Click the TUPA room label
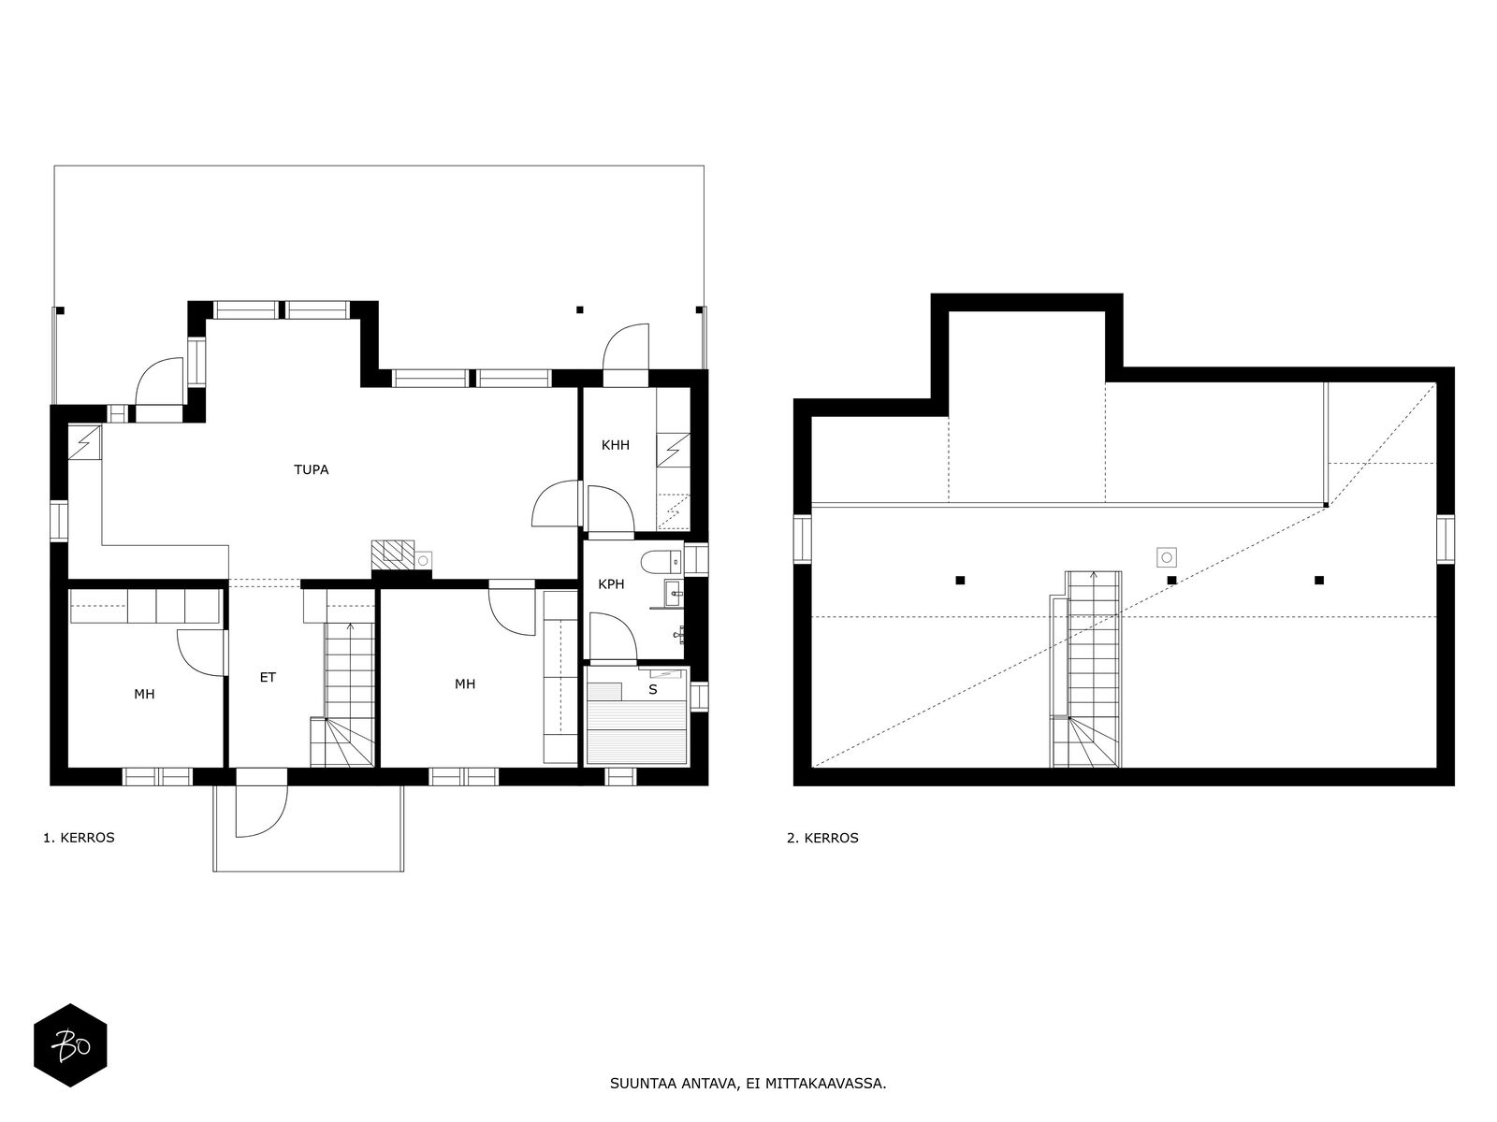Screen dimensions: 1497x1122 (311, 469)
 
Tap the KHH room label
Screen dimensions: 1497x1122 (615, 445)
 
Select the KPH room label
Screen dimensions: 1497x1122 (611, 583)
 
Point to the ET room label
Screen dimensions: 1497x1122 (268, 677)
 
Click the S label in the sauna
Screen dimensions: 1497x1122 (653, 689)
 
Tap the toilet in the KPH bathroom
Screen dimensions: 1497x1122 (661, 562)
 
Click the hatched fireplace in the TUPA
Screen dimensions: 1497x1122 (392, 554)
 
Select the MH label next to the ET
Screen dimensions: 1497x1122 (144, 694)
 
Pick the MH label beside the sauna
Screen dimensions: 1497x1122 (465, 684)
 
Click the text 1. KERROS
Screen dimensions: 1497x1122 (80, 838)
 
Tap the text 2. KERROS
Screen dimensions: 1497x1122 (822, 838)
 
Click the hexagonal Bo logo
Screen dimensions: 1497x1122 (70, 1045)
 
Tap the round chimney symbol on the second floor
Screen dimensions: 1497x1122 (1167, 557)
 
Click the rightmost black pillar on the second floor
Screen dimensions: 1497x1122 (1319, 581)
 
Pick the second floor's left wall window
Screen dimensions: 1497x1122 (802, 539)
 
